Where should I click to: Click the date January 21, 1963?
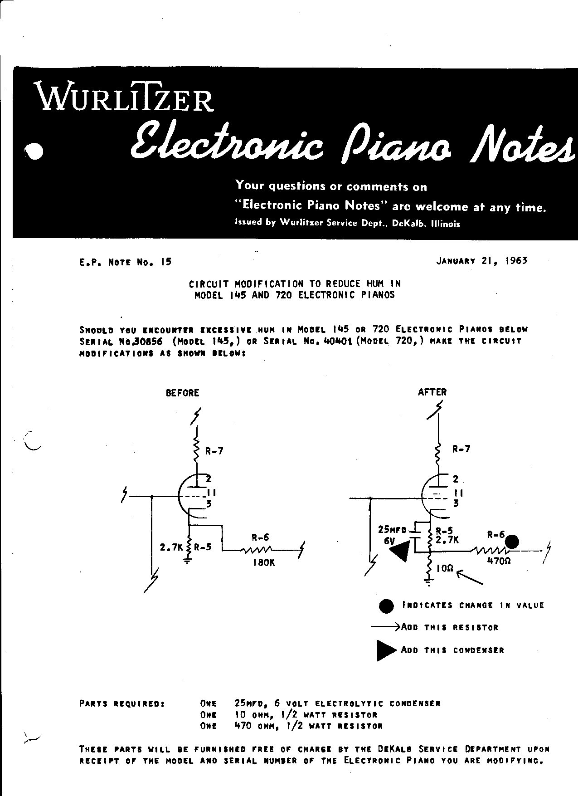click(482, 261)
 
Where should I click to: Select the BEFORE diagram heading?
click(182, 393)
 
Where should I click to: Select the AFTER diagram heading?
click(432, 392)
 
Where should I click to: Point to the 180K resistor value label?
click(263, 563)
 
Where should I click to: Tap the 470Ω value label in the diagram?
click(499, 561)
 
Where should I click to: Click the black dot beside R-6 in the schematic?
click(512, 542)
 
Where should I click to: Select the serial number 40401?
click(335, 341)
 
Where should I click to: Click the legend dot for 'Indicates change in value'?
click(386, 606)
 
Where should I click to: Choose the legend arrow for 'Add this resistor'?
click(385, 627)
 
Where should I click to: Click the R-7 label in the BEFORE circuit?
click(214, 451)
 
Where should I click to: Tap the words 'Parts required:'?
click(122, 704)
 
